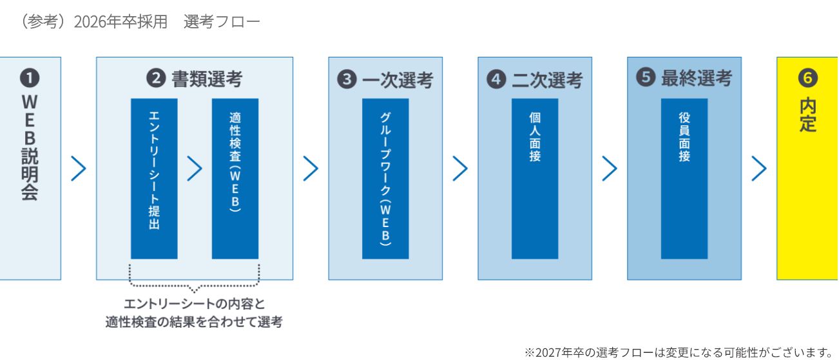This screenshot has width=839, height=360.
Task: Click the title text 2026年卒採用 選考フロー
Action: click(x=140, y=21)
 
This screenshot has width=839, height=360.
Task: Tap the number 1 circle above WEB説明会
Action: click(x=30, y=79)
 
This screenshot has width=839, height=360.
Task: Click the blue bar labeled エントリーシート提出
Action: click(x=154, y=179)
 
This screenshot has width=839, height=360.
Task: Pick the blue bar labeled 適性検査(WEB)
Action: click(x=235, y=179)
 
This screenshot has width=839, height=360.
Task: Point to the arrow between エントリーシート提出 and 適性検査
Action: click(x=195, y=168)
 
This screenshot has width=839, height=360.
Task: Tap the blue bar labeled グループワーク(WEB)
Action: click(x=385, y=179)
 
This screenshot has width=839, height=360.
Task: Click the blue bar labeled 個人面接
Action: click(x=535, y=179)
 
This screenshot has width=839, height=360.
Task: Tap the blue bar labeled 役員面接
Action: click(x=684, y=179)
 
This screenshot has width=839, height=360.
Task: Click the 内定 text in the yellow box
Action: click(x=808, y=115)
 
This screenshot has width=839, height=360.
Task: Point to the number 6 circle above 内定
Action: click(x=808, y=79)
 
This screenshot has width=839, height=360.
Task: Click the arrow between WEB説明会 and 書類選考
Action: click(x=79, y=168)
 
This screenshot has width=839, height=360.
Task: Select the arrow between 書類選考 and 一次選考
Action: click(x=311, y=168)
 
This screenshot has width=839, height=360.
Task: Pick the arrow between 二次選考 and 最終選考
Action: click(x=610, y=168)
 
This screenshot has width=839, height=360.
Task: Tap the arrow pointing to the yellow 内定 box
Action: click(x=759, y=168)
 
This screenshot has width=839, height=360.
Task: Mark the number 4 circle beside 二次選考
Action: click(x=496, y=80)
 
